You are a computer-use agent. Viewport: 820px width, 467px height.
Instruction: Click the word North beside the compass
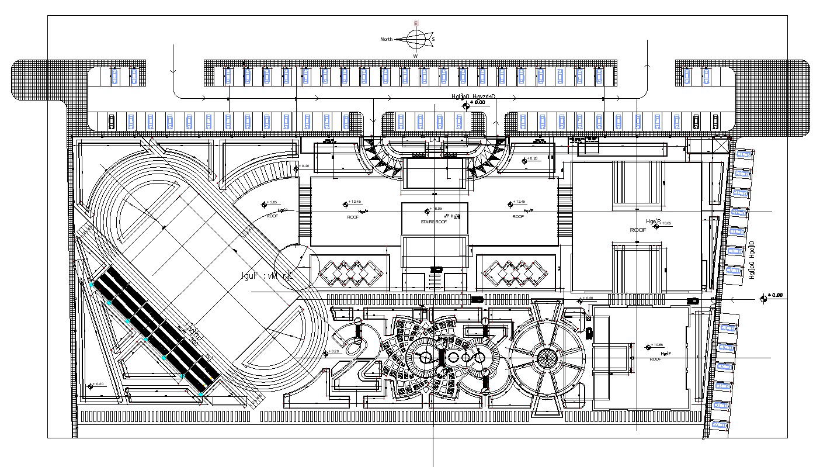387,39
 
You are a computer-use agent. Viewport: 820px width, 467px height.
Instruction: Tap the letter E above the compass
416,23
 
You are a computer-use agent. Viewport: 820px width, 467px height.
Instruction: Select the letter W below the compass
416,56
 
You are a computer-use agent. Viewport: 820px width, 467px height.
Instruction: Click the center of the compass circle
416,39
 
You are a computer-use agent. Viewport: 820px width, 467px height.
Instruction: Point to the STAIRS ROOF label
434,222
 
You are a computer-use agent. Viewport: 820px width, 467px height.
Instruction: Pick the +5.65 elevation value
272,202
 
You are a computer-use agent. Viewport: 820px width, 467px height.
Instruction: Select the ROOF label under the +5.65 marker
272,216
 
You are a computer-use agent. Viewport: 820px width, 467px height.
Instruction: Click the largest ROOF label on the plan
638,230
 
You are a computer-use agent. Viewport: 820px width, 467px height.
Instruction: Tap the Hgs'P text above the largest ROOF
652,221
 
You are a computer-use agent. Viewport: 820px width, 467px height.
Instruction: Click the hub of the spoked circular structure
547,357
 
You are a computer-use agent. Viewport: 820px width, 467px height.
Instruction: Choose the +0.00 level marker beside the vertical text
763,299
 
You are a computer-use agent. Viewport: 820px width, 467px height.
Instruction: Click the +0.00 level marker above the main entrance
466,105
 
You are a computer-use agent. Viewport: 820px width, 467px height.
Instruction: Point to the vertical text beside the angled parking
753,260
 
